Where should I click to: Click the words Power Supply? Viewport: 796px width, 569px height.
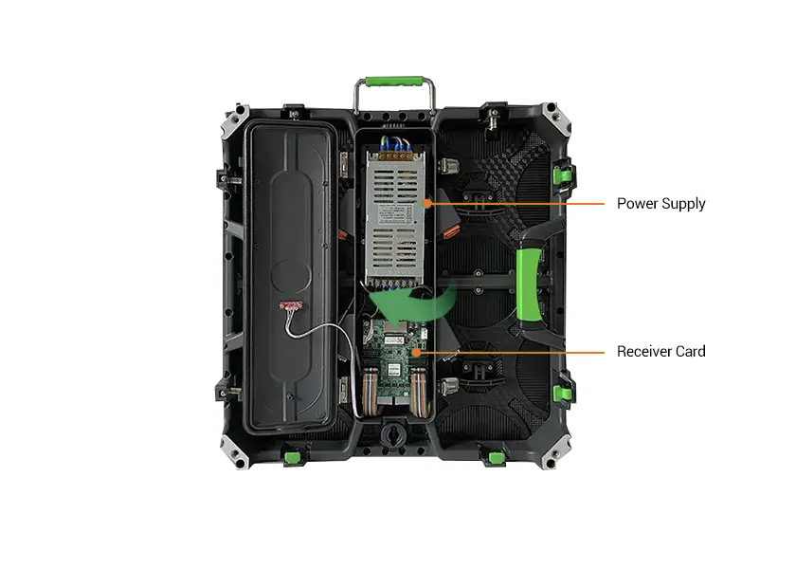[661, 204]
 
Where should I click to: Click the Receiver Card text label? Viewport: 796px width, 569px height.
[661, 351]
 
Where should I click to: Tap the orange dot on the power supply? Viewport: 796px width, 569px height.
[427, 203]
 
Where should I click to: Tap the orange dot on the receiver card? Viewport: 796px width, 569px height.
[416, 352]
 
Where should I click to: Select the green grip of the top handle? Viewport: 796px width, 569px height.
[394, 82]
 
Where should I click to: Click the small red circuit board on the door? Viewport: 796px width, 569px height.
[291, 305]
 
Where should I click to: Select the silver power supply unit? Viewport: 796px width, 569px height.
[395, 218]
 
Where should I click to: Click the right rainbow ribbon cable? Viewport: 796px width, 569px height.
[419, 391]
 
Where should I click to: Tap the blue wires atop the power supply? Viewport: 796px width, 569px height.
[395, 145]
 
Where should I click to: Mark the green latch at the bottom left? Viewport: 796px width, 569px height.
[292, 457]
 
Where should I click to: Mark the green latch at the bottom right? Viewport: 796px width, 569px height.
[497, 458]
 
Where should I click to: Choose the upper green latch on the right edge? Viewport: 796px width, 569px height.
[562, 175]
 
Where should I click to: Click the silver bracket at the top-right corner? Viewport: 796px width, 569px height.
[555, 118]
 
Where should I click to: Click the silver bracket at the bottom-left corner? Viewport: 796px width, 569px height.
[235, 451]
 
